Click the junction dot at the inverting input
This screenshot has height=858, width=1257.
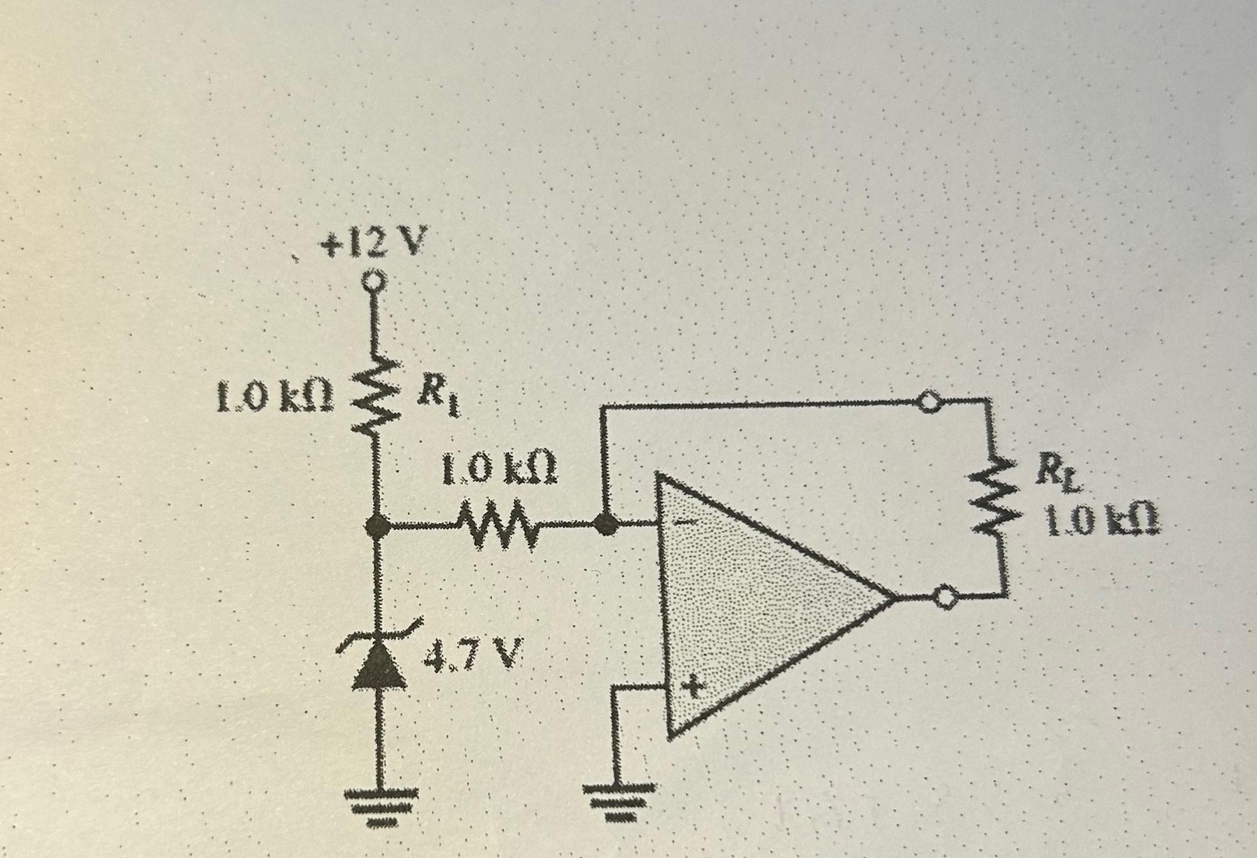604,524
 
